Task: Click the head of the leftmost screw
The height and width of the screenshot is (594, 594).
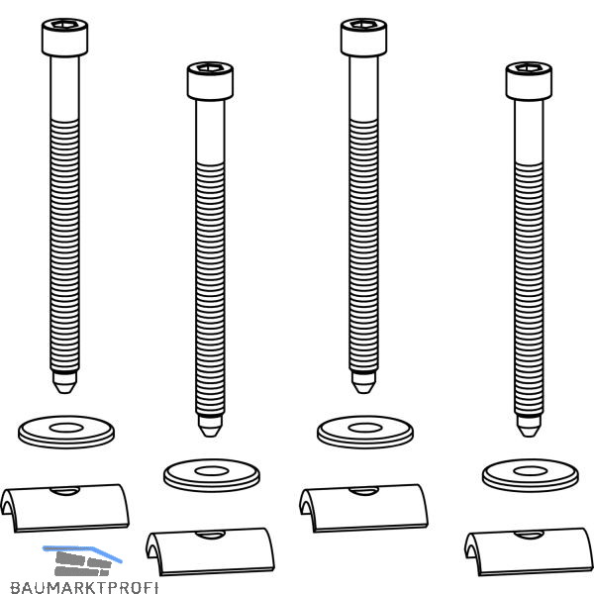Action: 64,38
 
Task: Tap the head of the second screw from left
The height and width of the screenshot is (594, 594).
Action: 210,81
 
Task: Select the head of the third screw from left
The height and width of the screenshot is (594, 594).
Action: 363,38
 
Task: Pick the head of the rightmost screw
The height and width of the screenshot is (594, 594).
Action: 529,81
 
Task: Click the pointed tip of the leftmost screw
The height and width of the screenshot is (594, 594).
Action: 64,393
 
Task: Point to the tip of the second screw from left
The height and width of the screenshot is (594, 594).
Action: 210,437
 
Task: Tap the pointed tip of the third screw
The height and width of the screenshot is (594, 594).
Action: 363,393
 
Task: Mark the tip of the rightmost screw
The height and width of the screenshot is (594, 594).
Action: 529,437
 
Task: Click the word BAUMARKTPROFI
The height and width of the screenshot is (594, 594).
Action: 84,587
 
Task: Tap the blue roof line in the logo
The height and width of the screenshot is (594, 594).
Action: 83,550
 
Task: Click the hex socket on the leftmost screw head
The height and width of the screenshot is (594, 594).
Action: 64,25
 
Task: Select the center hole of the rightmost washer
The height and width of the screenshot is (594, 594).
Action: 531,471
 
